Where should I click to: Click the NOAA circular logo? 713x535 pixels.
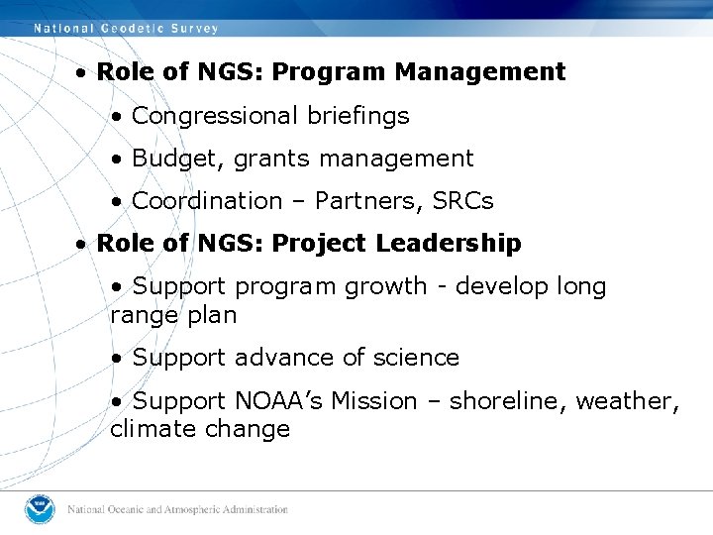click(x=42, y=509)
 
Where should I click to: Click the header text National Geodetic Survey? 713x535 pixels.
click(x=126, y=29)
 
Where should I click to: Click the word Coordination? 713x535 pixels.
click(x=207, y=201)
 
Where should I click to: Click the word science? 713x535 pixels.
click(x=415, y=358)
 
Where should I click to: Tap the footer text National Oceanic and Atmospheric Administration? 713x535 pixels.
click(x=178, y=510)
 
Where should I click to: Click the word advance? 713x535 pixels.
click(x=276, y=358)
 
